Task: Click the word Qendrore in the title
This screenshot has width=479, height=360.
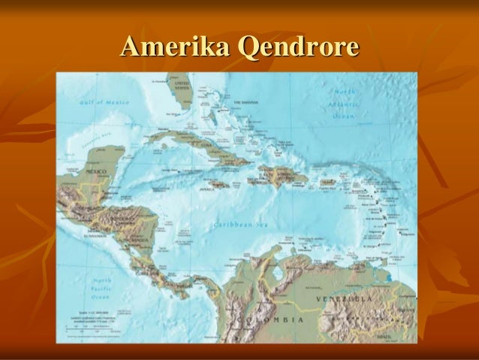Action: [x=297, y=49]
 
